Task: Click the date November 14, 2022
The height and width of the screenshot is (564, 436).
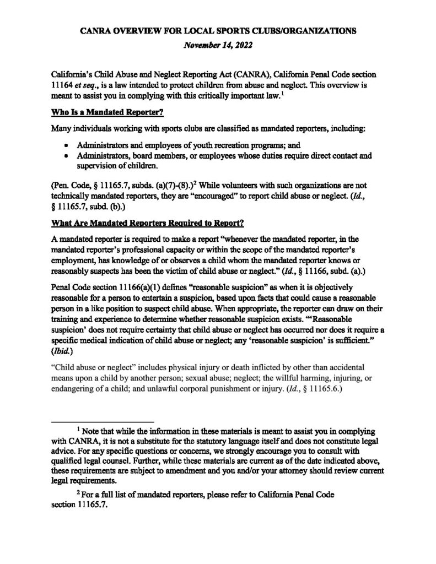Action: [218, 47]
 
